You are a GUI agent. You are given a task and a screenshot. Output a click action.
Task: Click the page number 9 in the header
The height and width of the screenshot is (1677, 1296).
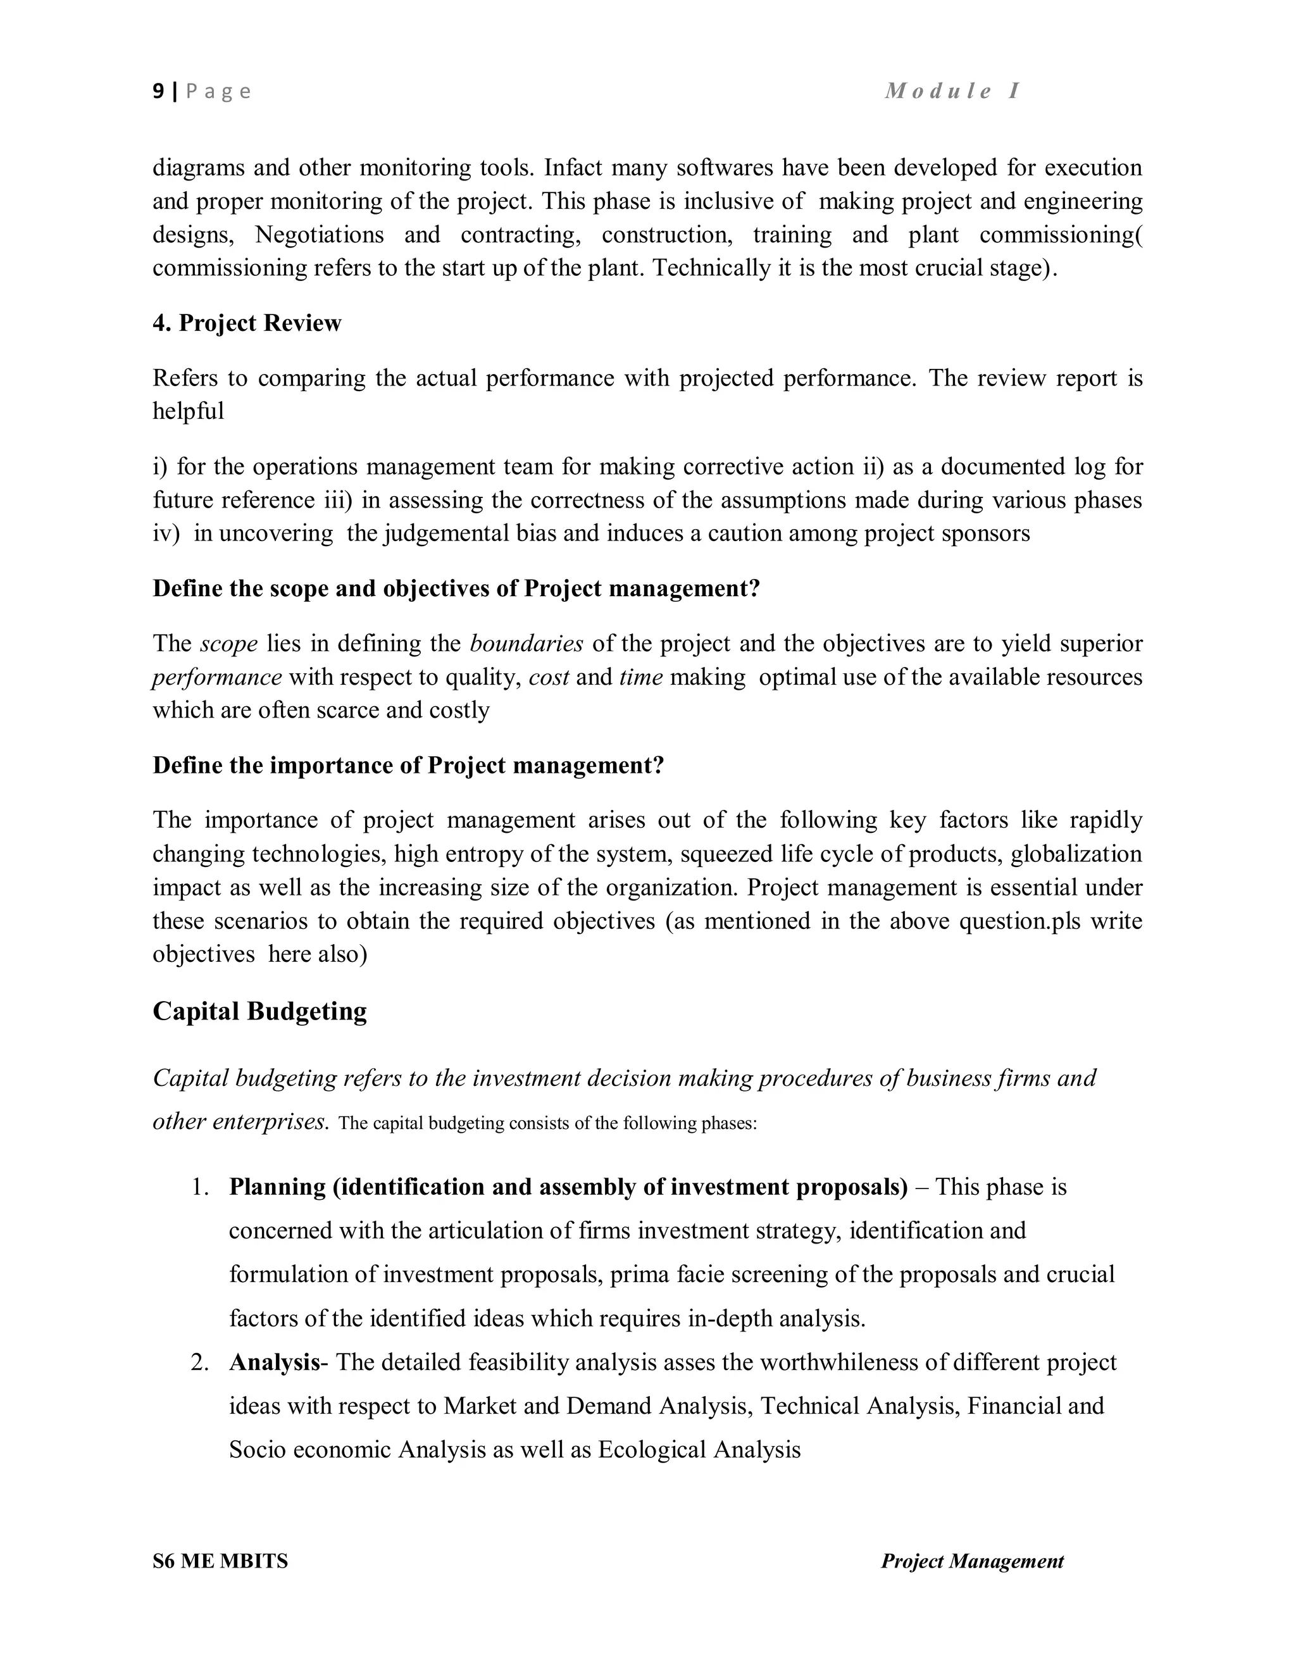158,91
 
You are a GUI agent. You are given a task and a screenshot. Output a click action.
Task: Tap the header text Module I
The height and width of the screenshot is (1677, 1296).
952,90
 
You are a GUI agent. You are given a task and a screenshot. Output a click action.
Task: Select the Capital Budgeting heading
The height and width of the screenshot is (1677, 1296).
259,1011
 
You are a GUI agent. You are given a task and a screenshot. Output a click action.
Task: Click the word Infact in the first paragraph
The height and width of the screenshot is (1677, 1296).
573,168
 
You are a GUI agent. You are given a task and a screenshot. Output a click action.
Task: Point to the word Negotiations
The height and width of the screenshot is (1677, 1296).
319,234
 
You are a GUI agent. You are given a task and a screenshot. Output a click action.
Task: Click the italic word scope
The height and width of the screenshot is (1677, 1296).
229,644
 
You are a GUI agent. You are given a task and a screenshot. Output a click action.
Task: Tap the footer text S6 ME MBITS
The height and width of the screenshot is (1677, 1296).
220,1561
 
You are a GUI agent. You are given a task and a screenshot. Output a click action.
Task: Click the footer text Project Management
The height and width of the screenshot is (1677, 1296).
972,1561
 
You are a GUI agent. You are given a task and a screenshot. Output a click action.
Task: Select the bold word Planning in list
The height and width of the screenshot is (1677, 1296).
277,1187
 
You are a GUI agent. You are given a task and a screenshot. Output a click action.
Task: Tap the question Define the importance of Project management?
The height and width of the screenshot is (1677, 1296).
408,766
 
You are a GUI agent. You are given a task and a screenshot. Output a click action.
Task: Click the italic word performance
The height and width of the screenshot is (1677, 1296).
217,677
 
